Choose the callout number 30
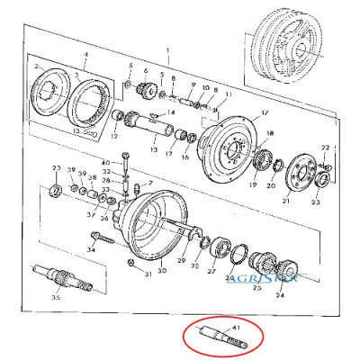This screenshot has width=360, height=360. point(162,270)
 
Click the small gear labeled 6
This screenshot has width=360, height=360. point(142,90)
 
